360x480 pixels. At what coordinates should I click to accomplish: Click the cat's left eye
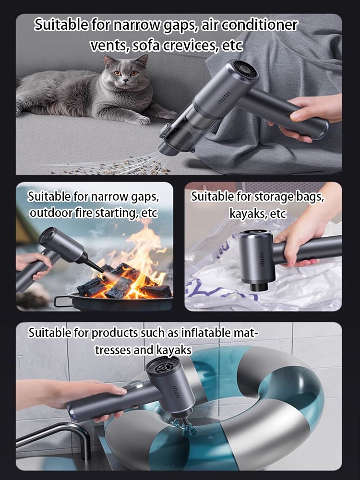pos(117,73)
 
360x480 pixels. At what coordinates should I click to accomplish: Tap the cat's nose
pos(124,80)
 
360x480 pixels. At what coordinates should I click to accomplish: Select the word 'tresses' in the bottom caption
pos(113,350)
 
